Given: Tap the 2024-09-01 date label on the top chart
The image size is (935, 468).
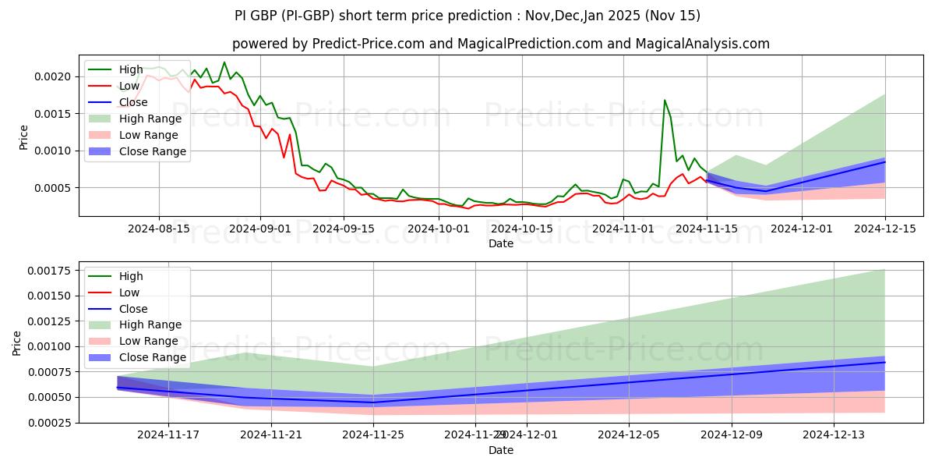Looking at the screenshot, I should pyautogui.click(x=260, y=229).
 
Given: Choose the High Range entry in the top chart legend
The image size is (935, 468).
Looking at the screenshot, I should pyautogui.click(x=150, y=119).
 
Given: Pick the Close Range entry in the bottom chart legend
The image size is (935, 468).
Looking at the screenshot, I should pyautogui.click(x=153, y=357).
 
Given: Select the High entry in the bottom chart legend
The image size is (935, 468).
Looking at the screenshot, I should pyautogui.click(x=131, y=276).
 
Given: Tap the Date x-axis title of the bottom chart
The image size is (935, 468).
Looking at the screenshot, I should pyautogui.click(x=501, y=450).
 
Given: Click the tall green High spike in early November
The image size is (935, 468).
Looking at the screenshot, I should pyautogui.click(x=665, y=101).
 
